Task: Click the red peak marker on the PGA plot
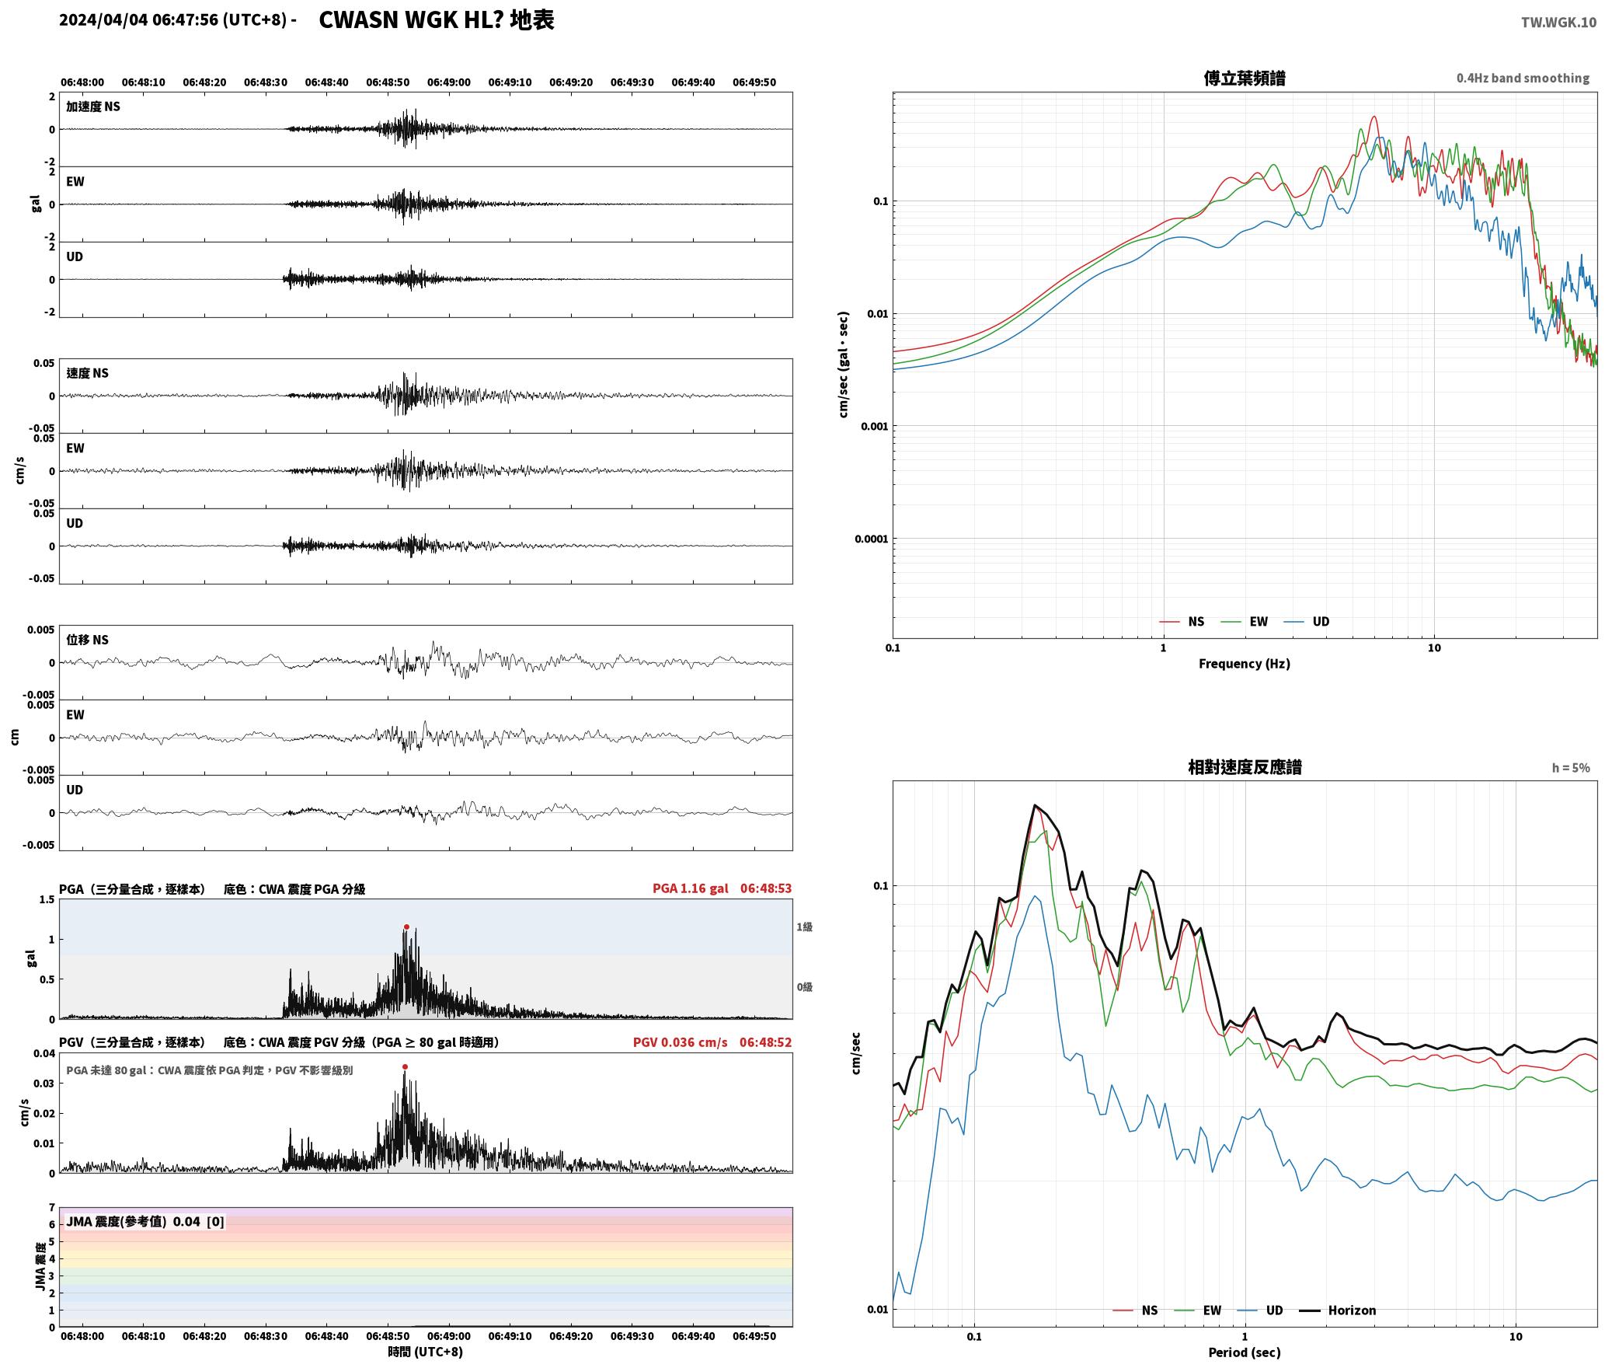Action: click(406, 927)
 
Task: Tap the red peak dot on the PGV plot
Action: click(405, 1066)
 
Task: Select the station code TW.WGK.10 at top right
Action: click(1558, 23)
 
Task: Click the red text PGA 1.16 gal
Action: click(690, 888)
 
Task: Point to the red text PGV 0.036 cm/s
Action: click(680, 1042)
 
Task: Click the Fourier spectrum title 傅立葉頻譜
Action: click(1244, 78)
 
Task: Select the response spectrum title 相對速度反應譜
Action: click(1245, 766)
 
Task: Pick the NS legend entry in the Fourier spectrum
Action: click(1182, 621)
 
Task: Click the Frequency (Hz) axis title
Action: click(1244, 663)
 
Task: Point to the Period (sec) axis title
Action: click(1244, 1352)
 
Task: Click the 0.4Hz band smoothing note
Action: click(1523, 78)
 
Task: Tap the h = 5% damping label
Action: click(1571, 767)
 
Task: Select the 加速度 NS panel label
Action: click(93, 106)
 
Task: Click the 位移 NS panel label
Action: click(87, 640)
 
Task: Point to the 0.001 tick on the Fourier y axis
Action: click(874, 426)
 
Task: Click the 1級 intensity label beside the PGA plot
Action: click(804, 927)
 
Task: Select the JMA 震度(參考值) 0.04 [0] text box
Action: click(144, 1221)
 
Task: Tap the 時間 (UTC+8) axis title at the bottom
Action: click(426, 1352)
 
